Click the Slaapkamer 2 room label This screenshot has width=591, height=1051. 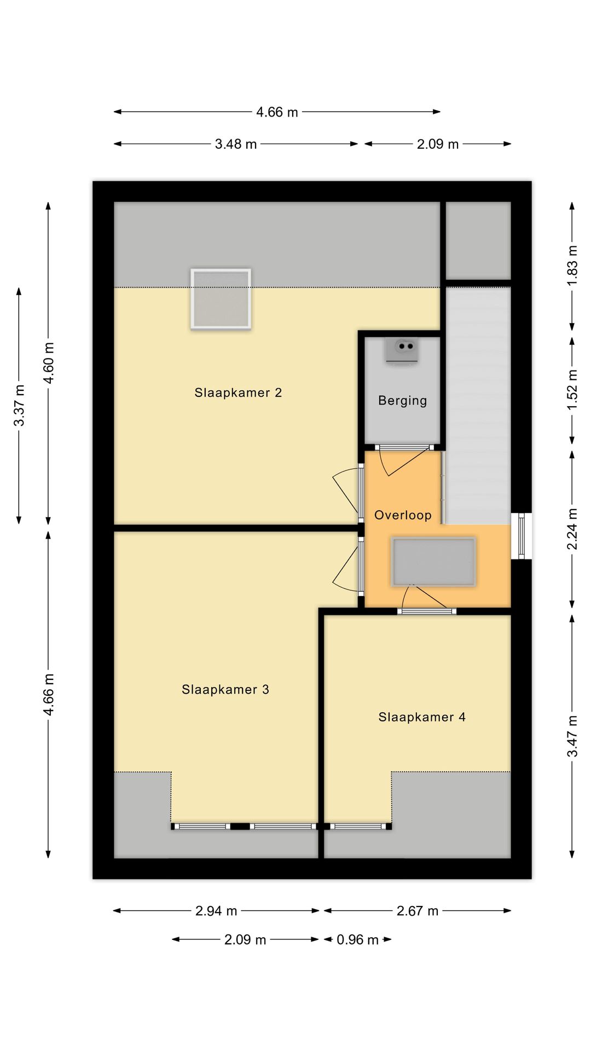[x=238, y=392]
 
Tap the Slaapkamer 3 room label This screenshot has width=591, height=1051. [x=225, y=689]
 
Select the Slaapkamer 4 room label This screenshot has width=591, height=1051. [x=422, y=717]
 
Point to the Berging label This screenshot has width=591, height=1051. [x=402, y=401]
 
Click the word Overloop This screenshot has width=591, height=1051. [x=403, y=515]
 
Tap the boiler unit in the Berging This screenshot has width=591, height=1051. [x=402, y=350]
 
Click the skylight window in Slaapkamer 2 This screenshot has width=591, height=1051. [x=221, y=299]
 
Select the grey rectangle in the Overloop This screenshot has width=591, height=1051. [x=433, y=562]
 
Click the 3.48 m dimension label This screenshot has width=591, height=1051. [x=236, y=144]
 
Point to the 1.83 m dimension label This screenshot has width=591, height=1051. [x=572, y=265]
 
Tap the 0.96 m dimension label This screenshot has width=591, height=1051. [x=358, y=940]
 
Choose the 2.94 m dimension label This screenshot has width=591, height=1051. [x=216, y=911]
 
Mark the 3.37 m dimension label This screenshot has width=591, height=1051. [x=19, y=405]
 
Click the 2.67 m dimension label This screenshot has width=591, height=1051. [x=418, y=911]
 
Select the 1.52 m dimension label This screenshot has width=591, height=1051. [x=572, y=390]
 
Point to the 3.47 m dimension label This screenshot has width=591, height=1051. [x=572, y=736]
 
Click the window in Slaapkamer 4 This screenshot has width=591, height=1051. [x=358, y=826]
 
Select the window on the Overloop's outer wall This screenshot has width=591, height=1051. [x=522, y=536]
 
